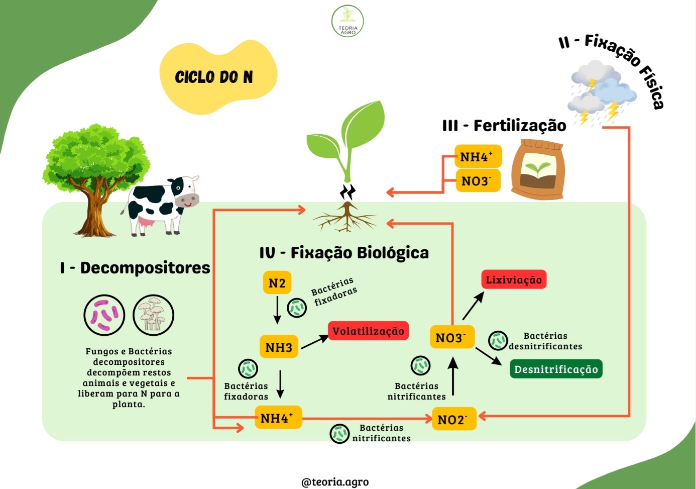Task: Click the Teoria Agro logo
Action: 347,21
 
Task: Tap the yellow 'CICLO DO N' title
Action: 214,77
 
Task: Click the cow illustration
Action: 160,205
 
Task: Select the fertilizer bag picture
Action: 538,169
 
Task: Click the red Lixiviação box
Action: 514,279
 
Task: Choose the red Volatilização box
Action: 368,331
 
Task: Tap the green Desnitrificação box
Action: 556,369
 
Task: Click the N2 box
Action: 277,282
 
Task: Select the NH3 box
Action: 279,347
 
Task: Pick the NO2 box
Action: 454,419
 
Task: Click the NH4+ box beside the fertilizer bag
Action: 478,156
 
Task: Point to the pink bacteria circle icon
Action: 104,315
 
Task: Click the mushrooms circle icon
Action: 153,315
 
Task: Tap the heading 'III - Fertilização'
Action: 504,126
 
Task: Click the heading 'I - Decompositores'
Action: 135,268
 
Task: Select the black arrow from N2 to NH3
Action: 277,310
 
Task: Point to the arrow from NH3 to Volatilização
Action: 315,342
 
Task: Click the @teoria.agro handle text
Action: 335,481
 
